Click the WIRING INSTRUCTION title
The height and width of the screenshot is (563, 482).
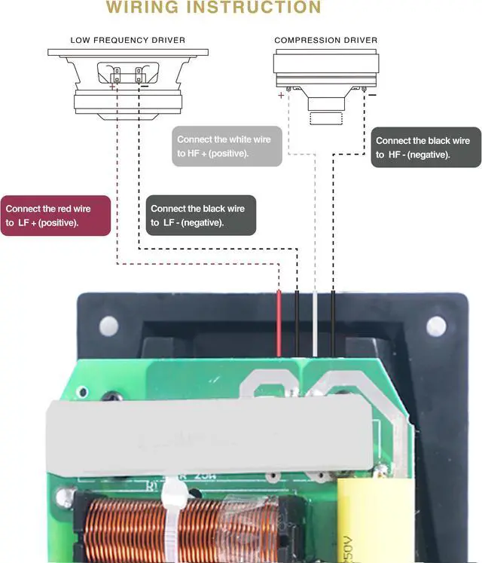[213, 8]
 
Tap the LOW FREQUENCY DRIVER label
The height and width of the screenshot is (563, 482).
[127, 40]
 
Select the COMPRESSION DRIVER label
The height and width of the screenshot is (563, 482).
[326, 40]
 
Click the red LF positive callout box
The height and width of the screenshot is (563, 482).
[56, 216]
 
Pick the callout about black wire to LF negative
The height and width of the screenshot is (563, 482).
[200, 216]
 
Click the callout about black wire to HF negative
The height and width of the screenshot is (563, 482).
[426, 147]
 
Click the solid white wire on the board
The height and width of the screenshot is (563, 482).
[316, 324]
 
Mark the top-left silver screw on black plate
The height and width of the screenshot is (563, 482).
[109, 326]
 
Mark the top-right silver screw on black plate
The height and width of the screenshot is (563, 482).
[436, 326]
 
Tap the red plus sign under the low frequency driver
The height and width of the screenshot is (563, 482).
[113, 87]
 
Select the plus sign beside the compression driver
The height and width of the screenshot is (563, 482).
[281, 96]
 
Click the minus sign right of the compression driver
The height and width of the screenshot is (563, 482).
[372, 96]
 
